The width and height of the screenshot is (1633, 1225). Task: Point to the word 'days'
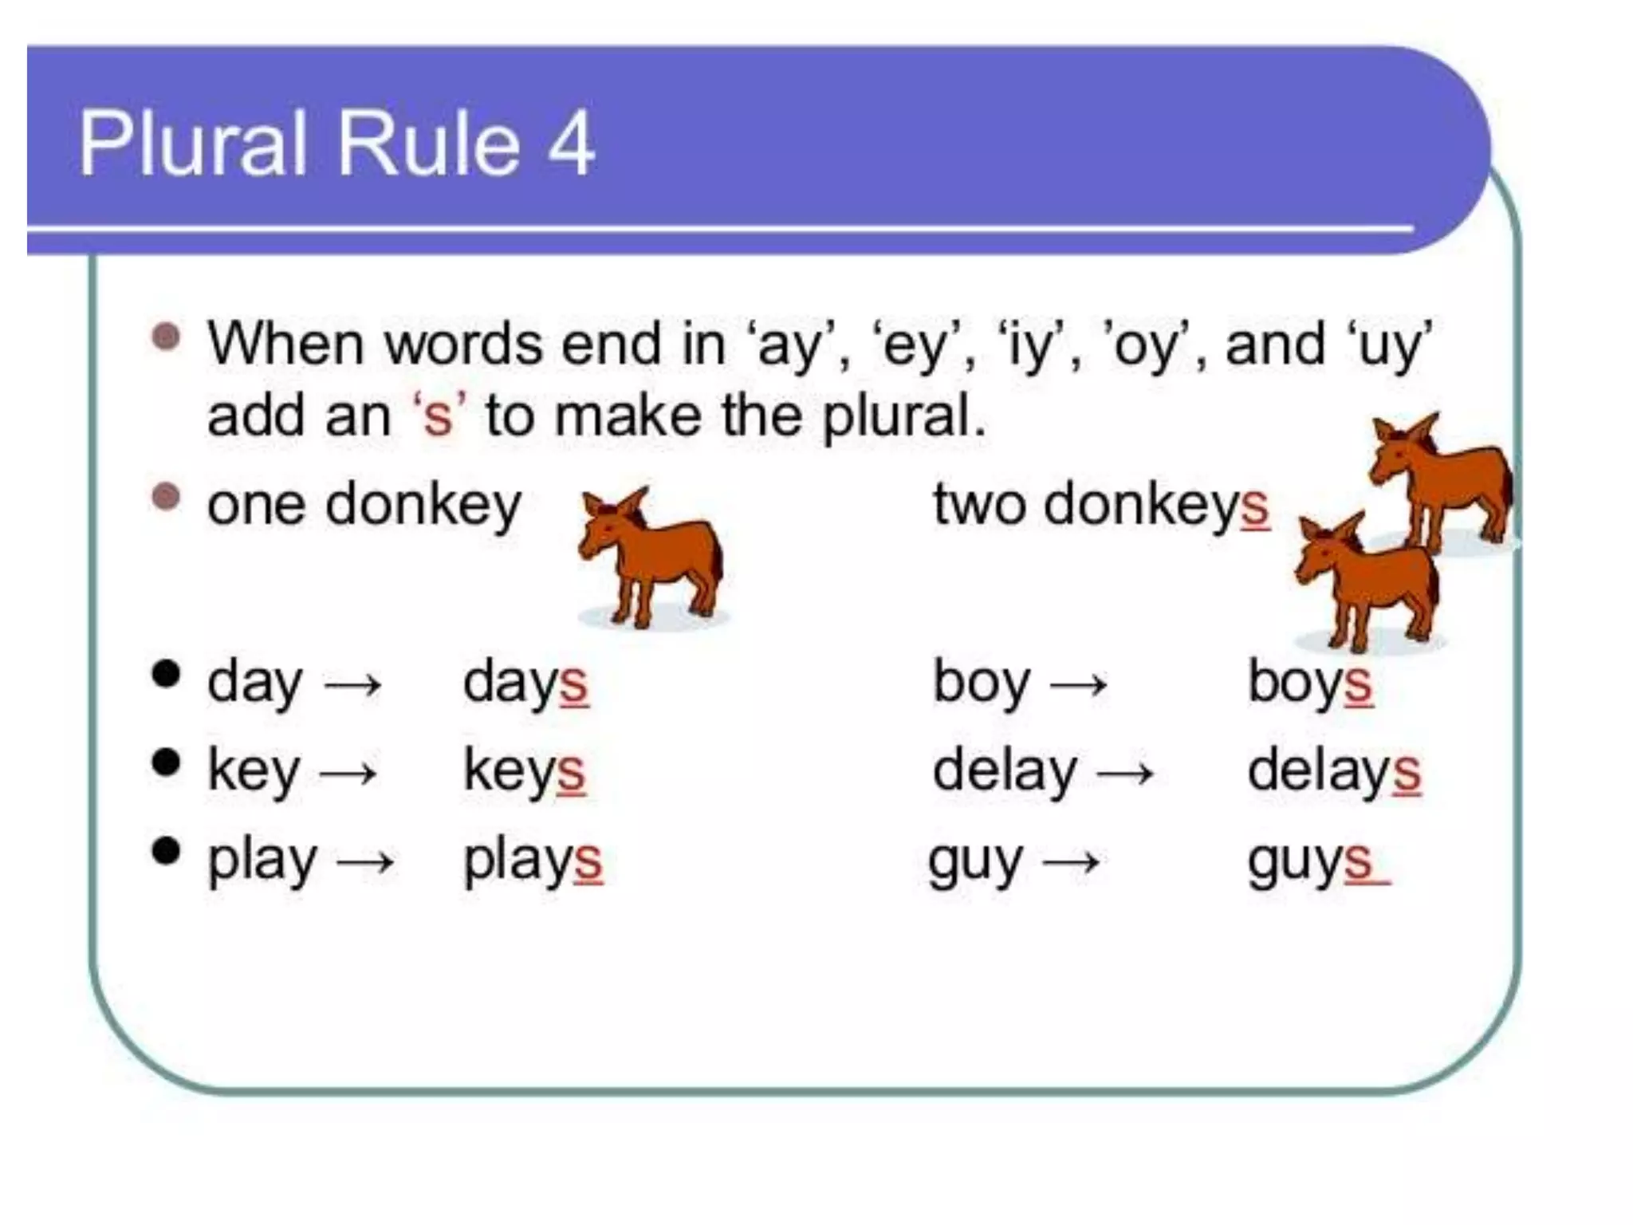525,683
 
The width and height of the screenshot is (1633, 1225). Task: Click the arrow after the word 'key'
348,773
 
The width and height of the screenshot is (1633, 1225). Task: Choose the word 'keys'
524,771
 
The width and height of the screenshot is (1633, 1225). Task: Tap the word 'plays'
533,861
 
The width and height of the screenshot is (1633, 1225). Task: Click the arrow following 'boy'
1079,684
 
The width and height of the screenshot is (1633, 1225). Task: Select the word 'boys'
1309,683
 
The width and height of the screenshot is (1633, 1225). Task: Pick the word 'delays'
1334,771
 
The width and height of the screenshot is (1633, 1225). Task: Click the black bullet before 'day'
166,674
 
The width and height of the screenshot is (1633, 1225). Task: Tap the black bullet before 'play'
166,851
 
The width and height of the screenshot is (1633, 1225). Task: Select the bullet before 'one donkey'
166,497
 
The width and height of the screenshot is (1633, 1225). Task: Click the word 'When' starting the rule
286,345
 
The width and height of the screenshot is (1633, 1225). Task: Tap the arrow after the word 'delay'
1125,773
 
